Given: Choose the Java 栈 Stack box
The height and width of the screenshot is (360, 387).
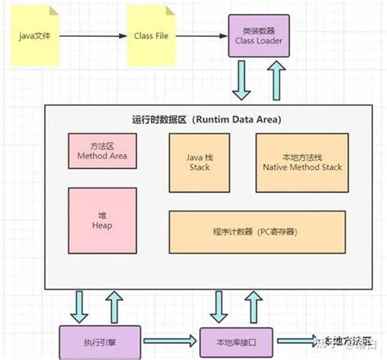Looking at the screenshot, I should tap(199, 160).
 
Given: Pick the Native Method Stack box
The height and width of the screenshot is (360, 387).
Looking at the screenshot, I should tap(302, 160).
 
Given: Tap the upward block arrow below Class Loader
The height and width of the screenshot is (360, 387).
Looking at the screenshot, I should tap(277, 80).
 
